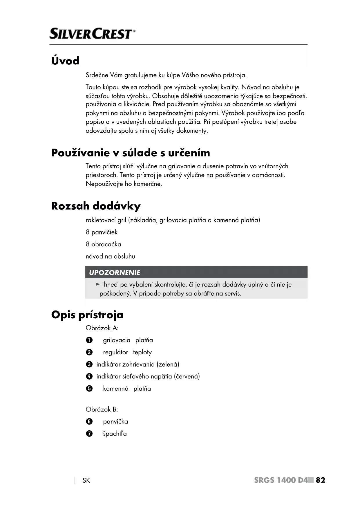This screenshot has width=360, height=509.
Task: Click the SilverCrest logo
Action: click(92, 34)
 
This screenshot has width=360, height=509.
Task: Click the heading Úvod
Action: click(65, 61)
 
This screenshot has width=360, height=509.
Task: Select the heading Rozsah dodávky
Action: click(96, 206)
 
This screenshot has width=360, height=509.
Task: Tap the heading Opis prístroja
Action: click(87, 315)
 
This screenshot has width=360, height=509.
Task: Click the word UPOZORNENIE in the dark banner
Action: click(114, 272)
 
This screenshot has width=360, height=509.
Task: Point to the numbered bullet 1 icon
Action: click(89, 340)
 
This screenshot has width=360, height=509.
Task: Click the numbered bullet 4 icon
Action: click(89, 376)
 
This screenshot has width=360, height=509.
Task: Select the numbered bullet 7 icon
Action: click(89, 434)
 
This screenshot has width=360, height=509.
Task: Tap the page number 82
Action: click(321, 480)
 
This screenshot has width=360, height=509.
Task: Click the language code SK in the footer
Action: click(86, 481)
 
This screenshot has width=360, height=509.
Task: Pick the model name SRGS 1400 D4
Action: click(281, 480)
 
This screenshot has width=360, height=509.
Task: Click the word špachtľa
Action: click(115, 434)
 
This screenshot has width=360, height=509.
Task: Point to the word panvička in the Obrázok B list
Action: click(115, 422)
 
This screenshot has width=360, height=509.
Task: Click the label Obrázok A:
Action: click(102, 328)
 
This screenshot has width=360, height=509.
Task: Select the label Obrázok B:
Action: click(102, 409)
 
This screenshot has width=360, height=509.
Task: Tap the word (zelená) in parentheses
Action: click(168, 364)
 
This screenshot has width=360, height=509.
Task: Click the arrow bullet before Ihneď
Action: click(98, 284)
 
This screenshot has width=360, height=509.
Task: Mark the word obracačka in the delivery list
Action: click(106, 244)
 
